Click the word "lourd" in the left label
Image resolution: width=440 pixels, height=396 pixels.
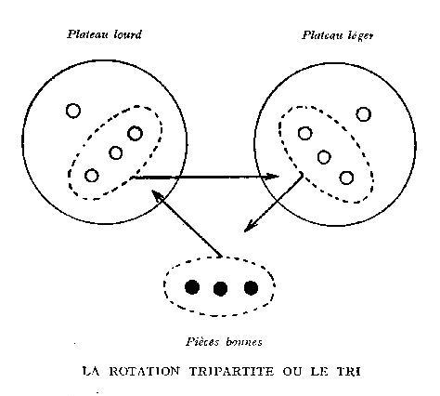tap(127, 33)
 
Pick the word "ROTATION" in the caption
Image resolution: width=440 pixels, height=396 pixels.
tap(144, 371)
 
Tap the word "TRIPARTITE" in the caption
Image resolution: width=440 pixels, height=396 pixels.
tap(231, 371)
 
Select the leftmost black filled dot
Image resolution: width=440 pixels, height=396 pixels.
tap(192, 287)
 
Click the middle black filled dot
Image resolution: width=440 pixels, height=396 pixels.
tap(220, 288)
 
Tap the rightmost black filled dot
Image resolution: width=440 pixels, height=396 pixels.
tap(251, 287)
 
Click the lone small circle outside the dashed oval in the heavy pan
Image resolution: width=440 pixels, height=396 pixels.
tap(73, 111)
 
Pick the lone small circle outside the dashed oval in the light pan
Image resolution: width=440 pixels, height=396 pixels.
tap(364, 114)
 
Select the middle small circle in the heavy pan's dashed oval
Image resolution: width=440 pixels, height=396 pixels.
tap(116, 152)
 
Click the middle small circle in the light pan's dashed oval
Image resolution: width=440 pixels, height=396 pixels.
tap(324, 157)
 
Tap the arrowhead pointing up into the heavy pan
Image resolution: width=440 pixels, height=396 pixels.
tap(157, 196)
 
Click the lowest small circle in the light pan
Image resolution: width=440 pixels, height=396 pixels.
tap(346, 178)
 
